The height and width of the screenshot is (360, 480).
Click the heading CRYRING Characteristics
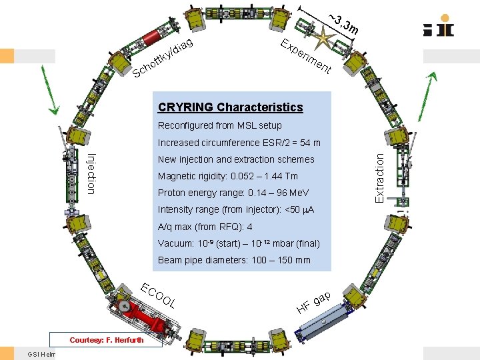pyautogui.click(x=230, y=107)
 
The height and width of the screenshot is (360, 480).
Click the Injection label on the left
pyautogui.click(x=91, y=173)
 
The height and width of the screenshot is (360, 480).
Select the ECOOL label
pyautogui.click(x=159, y=296)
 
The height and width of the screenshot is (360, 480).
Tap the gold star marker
pyautogui.click(x=325, y=37)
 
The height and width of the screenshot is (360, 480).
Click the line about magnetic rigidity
pyautogui.click(x=227, y=176)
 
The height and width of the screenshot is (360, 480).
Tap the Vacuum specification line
pyautogui.click(x=239, y=243)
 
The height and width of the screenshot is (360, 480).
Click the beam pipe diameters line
pyautogui.click(x=234, y=261)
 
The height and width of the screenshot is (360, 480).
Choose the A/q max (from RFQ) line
pyautogui.click(x=205, y=227)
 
